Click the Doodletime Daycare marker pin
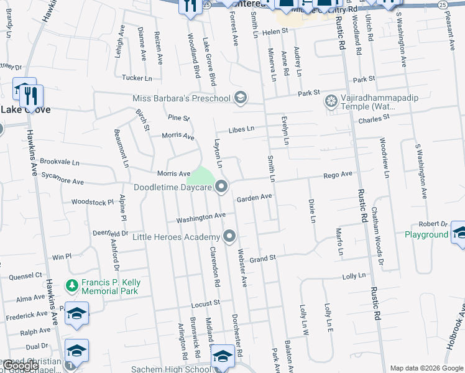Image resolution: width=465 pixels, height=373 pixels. (x=222, y=186)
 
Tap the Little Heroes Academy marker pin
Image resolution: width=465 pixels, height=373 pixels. (x=230, y=236)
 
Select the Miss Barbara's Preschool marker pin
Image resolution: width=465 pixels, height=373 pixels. (x=241, y=98)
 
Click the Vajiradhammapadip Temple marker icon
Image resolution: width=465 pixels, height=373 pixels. (x=331, y=101)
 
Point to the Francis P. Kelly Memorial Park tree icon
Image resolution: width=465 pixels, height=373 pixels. (x=72, y=287)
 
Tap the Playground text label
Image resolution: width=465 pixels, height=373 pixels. (x=426, y=234)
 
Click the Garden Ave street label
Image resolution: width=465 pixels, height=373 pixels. (x=254, y=198)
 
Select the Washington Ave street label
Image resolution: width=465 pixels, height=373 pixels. (x=200, y=218)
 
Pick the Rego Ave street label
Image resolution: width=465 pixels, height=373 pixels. (x=338, y=175)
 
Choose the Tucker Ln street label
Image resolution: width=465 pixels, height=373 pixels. (x=137, y=78)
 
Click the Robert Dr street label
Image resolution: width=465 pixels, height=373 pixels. (x=433, y=224)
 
